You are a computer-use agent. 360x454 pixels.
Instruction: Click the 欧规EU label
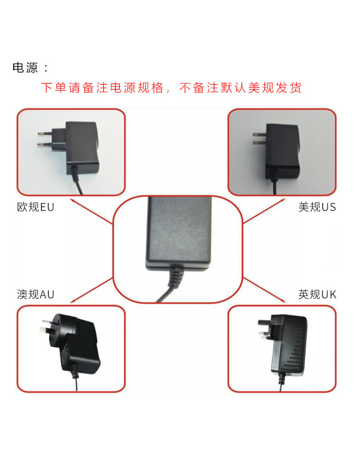point(35,207)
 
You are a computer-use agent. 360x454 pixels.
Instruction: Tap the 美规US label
point(317,207)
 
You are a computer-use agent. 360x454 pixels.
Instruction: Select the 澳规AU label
point(35,295)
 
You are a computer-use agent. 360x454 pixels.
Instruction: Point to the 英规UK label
point(317,295)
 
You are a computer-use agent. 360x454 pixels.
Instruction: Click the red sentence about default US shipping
point(171,88)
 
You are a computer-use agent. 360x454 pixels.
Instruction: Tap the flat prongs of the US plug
point(258,138)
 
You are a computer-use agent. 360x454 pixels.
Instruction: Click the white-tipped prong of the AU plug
point(42,326)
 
